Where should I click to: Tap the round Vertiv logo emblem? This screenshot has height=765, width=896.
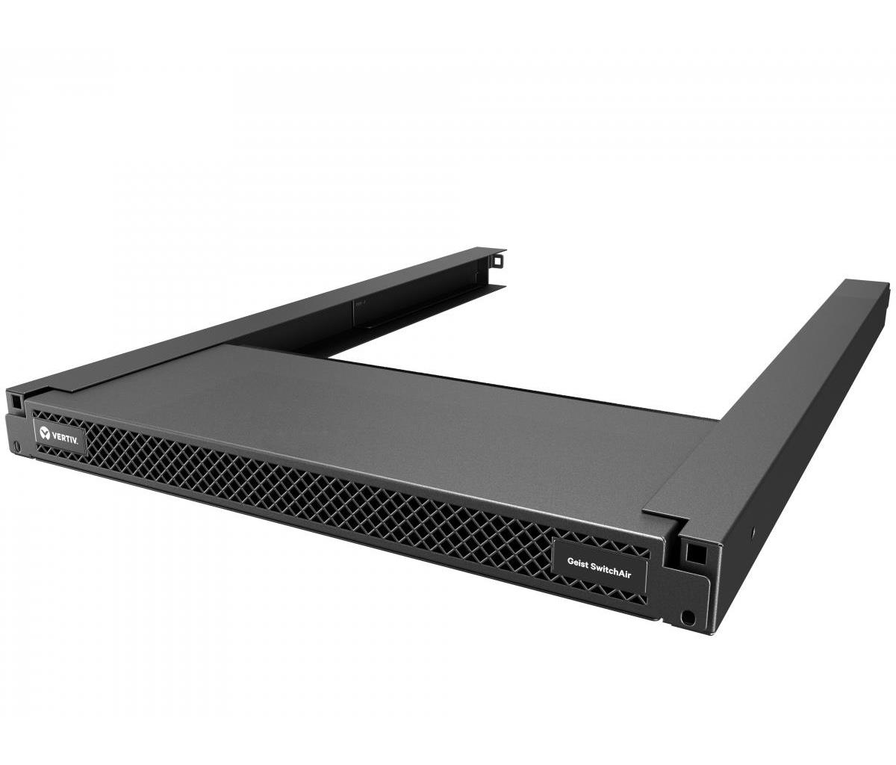(44, 433)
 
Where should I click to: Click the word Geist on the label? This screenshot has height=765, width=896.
(578, 562)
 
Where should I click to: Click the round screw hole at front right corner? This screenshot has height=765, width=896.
(688, 617)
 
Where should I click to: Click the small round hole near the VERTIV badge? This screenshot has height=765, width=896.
(17, 446)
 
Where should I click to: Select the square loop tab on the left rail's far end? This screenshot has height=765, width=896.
(497, 260)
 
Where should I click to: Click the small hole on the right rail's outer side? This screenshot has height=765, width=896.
(753, 530)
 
